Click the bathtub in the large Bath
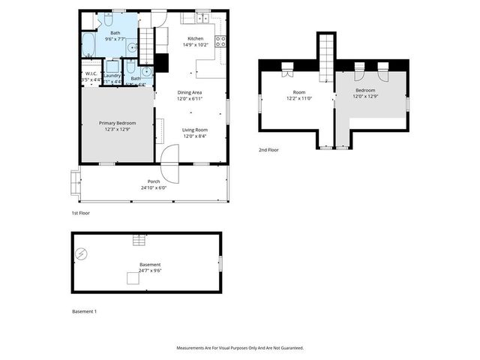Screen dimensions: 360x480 tap(88, 44)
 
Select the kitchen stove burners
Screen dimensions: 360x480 tap(221, 41)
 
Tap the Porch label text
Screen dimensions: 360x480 tap(153, 181)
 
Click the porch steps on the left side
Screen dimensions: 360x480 tap(75, 181)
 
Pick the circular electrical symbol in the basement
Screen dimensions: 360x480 tap(81, 253)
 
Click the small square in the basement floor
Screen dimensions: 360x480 tap(132, 279)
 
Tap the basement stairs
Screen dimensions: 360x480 tap(138, 240)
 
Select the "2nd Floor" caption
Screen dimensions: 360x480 tap(268, 150)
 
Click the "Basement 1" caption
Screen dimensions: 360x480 tap(84, 311)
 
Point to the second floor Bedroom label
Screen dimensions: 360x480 tap(366, 89)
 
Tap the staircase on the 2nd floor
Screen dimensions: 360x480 tap(326, 58)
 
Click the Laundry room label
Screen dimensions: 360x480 tap(112, 75)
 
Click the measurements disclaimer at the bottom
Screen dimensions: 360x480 tap(240, 348)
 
